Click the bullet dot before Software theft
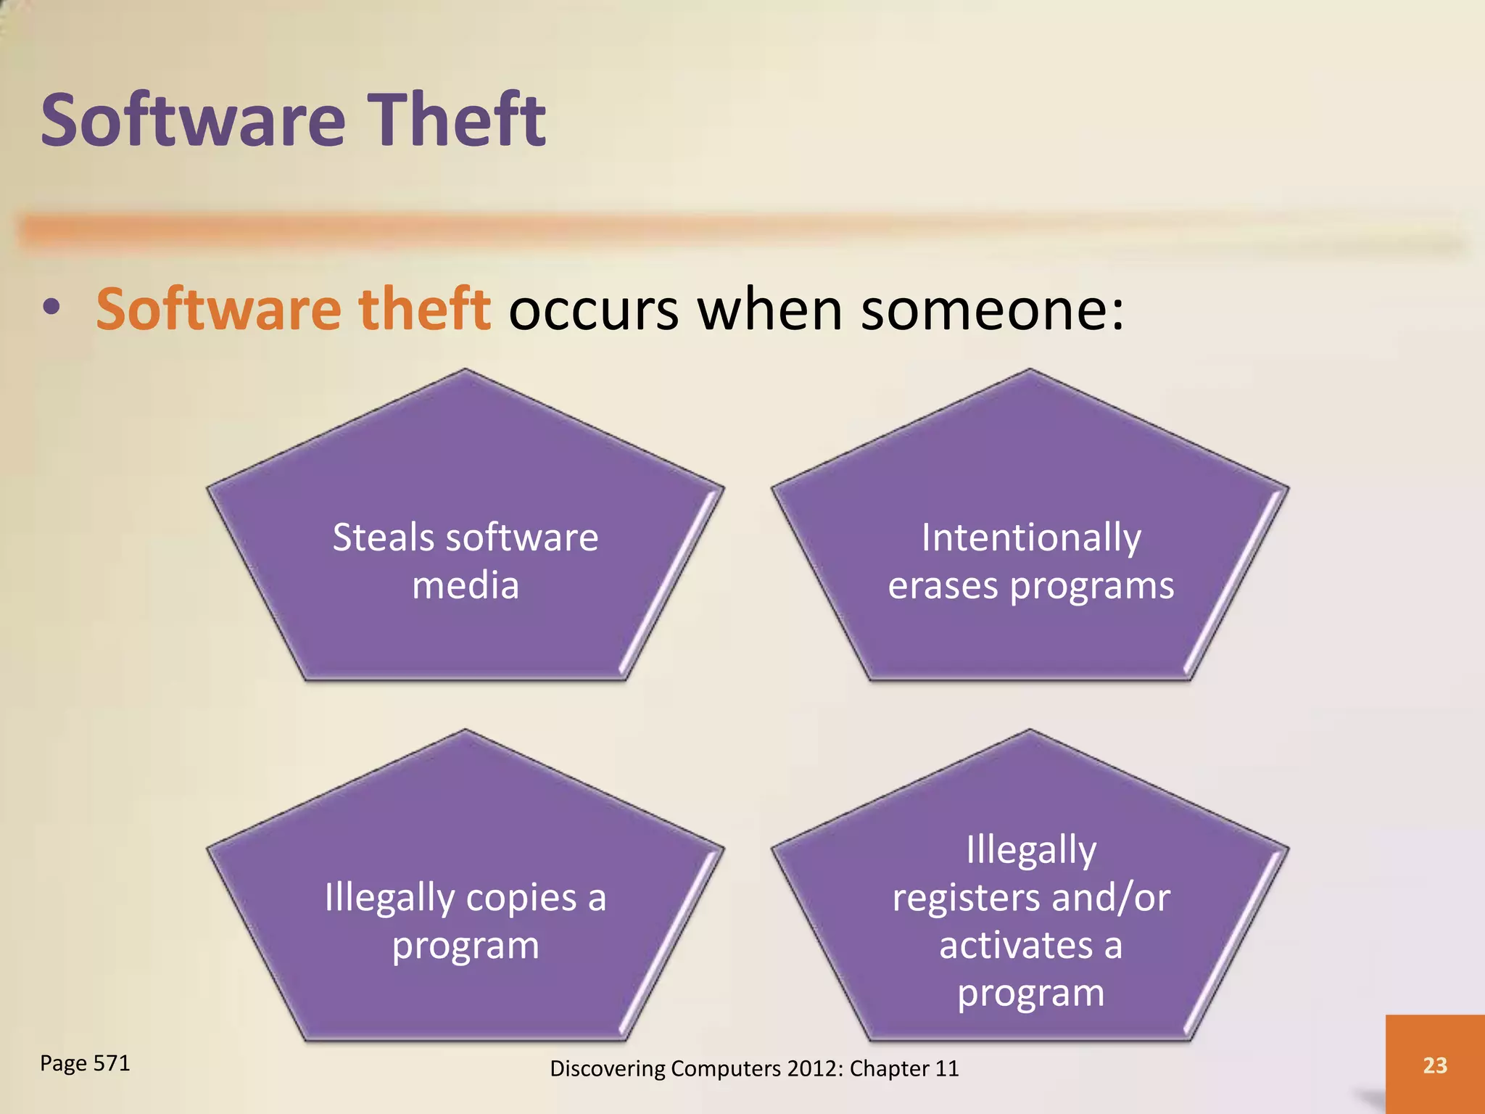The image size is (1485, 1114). [51, 308]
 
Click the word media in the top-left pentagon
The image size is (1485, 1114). [466, 586]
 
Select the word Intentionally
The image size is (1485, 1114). [1030, 539]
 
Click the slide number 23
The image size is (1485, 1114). [1434, 1065]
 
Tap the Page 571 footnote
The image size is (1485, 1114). [85, 1063]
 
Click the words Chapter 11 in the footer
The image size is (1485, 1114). [903, 1068]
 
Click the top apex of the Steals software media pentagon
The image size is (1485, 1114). [466, 371]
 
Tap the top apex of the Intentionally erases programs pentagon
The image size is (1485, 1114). [1030, 371]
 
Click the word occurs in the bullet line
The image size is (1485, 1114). [593, 310]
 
